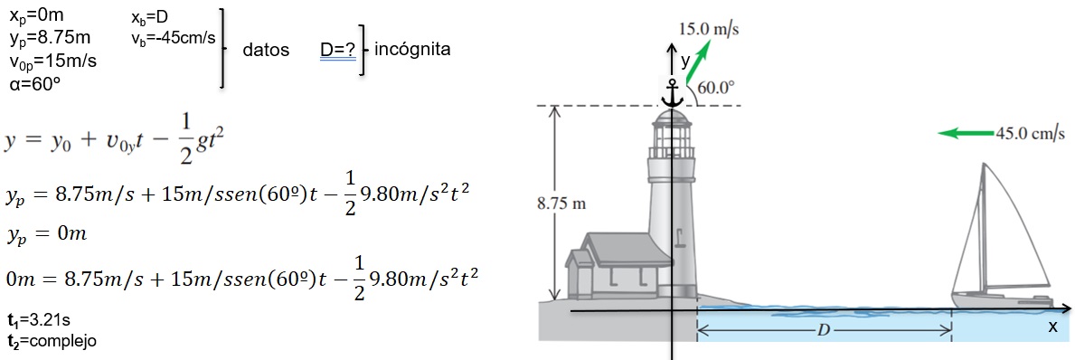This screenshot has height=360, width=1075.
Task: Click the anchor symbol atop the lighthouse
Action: point(673,94)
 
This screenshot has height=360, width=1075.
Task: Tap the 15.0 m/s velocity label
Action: point(709,30)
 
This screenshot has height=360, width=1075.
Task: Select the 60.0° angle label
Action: point(716,88)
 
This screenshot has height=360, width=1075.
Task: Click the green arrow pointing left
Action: point(966,133)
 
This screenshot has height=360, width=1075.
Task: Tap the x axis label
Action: point(1052,327)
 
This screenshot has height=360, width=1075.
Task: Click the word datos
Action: point(265,50)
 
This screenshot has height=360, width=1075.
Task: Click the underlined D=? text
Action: point(337,51)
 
